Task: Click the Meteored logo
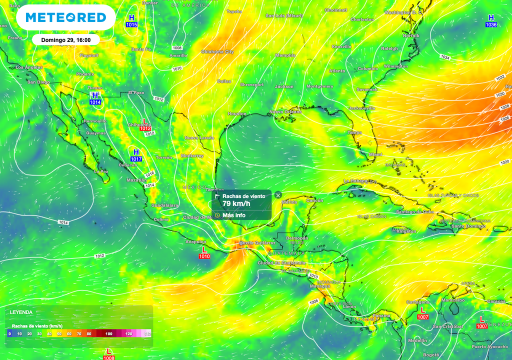pyautogui.click(x=65, y=17)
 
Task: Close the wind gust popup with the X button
pyautogui.click(x=278, y=195)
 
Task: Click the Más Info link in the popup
pyautogui.click(x=233, y=215)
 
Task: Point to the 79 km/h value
pyautogui.click(x=236, y=203)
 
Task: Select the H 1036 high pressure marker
pyautogui.click(x=491, y=21)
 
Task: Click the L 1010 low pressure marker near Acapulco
pyautogui.click(x=204, y=252)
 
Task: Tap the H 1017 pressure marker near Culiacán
pyautogui.click(x=136, y=155)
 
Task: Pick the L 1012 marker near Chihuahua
pyautogui.click(x=145, y=125)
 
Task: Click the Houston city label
pyautogui.click(x=236, y=114)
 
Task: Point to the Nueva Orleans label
pyautogui.click(x=285, y=111)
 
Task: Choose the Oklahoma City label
pyautogui.click(x=217, y=51)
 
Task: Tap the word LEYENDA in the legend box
pyautogui.click(x=21, y=312)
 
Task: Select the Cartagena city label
pyautogui.click(x=417, y=302)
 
